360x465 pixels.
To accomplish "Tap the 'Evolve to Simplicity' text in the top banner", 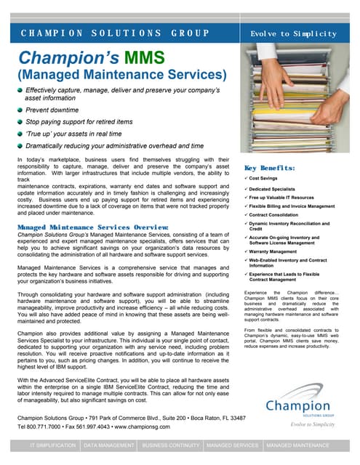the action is click(293, 34).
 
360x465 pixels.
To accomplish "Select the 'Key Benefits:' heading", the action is click(270, 167).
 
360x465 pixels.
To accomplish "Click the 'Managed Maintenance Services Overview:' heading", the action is click(93, 227).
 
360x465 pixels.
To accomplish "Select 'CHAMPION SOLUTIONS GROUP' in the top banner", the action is click(115, 34).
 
